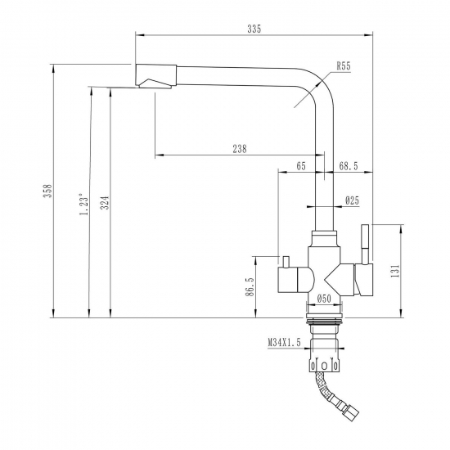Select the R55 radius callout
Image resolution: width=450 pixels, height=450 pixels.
(343, 68)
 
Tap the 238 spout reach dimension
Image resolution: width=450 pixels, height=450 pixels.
(240, 148)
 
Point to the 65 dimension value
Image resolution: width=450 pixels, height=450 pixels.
(301, 166)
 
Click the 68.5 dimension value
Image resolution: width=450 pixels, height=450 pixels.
(349, 166)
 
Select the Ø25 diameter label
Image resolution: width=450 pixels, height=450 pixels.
(353, 200)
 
